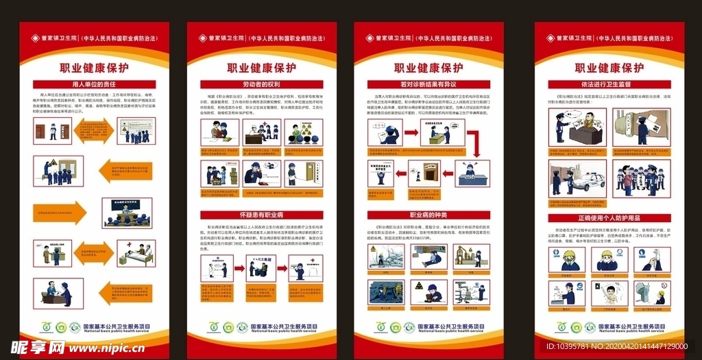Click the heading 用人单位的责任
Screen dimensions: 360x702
[94, 84]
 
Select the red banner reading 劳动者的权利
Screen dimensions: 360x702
[261, 84]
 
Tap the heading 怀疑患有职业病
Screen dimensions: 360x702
[261, 215]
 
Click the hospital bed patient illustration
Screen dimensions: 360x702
[136, 252]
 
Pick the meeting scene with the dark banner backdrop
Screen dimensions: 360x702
[127, 213]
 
